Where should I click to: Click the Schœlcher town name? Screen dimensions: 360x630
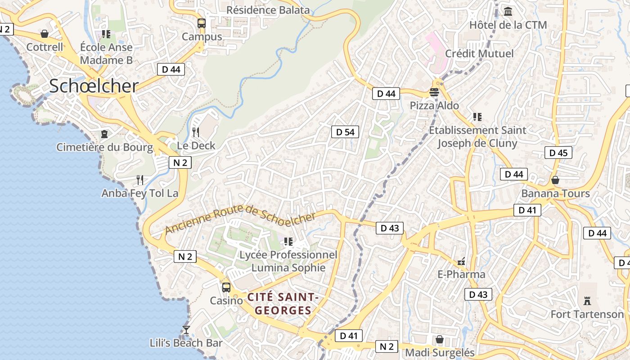(94, 85)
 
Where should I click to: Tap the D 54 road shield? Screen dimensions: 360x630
(345, 132)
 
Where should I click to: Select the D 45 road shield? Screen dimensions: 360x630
(558, 153)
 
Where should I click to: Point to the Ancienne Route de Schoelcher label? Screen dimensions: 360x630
(240, 217)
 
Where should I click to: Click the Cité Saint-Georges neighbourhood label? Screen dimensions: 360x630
(283, 304)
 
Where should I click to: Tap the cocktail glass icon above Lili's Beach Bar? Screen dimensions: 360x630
(186, 330)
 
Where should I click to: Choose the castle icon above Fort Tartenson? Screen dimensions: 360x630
(587, 300)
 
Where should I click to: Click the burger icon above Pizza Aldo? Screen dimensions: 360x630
(434, 92)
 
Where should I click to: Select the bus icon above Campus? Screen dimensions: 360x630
(202, 23)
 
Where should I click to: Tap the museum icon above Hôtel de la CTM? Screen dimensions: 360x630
(508, 11)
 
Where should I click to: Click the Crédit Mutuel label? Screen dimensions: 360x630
(479, 54)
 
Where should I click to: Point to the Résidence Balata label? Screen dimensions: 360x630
(268, 10)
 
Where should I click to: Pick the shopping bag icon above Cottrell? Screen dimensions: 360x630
(45, 34)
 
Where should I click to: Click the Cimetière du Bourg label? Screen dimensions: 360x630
(104, 147)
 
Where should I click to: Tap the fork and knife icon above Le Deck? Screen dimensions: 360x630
(196, 132)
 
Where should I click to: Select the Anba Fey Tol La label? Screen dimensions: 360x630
(140, 193)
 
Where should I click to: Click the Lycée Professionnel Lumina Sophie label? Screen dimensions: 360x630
(288, 261)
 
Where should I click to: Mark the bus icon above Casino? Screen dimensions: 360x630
(226, 287)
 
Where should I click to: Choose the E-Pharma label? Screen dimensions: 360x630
(461, 274)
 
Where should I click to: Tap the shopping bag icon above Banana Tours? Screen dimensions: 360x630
(555, 180)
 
